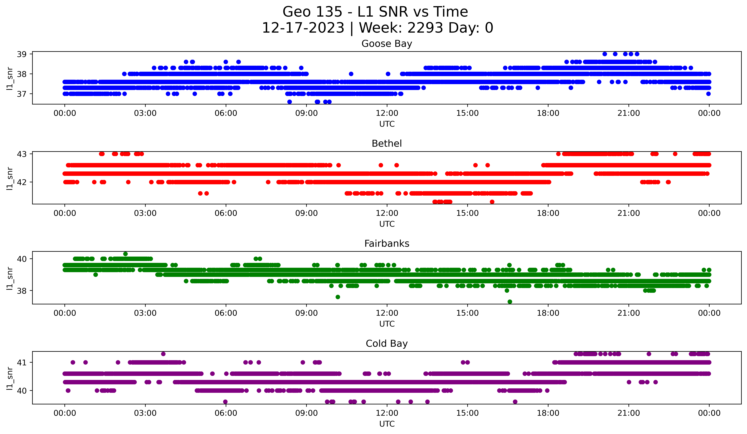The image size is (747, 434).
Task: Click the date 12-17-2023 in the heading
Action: click(x=303, y=28)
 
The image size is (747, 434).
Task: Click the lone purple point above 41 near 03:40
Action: click(x=163, y=354)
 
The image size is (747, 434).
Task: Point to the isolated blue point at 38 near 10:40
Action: click(x=351, y=74)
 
